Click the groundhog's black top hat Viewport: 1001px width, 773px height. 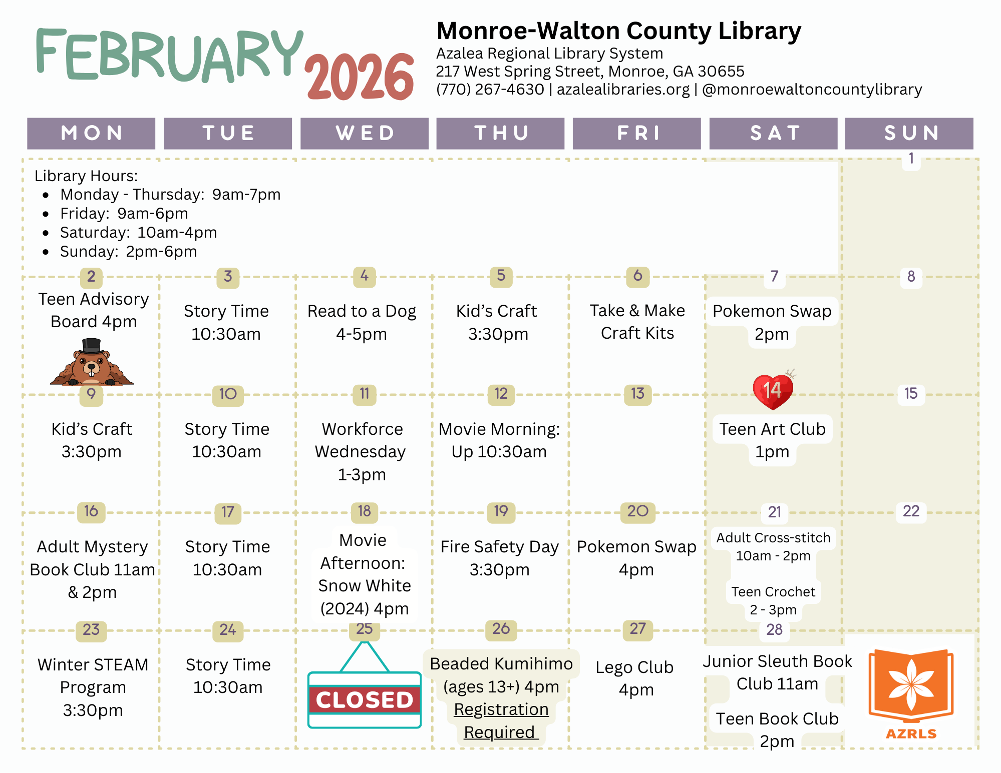(x=92, y=345)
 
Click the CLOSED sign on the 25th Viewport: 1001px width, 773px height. (x=365, y=699)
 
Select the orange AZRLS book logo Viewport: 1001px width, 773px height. (x=911, y=688)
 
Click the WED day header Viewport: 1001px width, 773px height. (x=365, y=133)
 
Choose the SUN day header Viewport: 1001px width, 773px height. (x=909, y=133)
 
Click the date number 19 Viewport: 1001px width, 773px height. (x=501, y=511)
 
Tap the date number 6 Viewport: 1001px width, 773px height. (x=637, y=276)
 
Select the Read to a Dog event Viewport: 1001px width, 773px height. (x=362, y=322)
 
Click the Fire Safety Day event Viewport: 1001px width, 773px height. (x=499, y=558)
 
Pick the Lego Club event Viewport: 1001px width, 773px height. (x=635, y=678)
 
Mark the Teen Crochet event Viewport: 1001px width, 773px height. (x=773, y=600)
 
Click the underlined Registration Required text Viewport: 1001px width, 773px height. (x=501, y=720)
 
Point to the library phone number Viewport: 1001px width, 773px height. (x=490, y=90)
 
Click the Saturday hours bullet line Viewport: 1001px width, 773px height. (x=138, y=233)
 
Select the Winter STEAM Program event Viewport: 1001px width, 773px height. (x=93, y=687)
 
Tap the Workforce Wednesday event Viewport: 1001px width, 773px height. (x=362, y=451)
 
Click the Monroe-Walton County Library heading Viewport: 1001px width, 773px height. (x=618, y=31)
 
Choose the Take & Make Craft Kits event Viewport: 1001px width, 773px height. (x=637, y=322)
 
